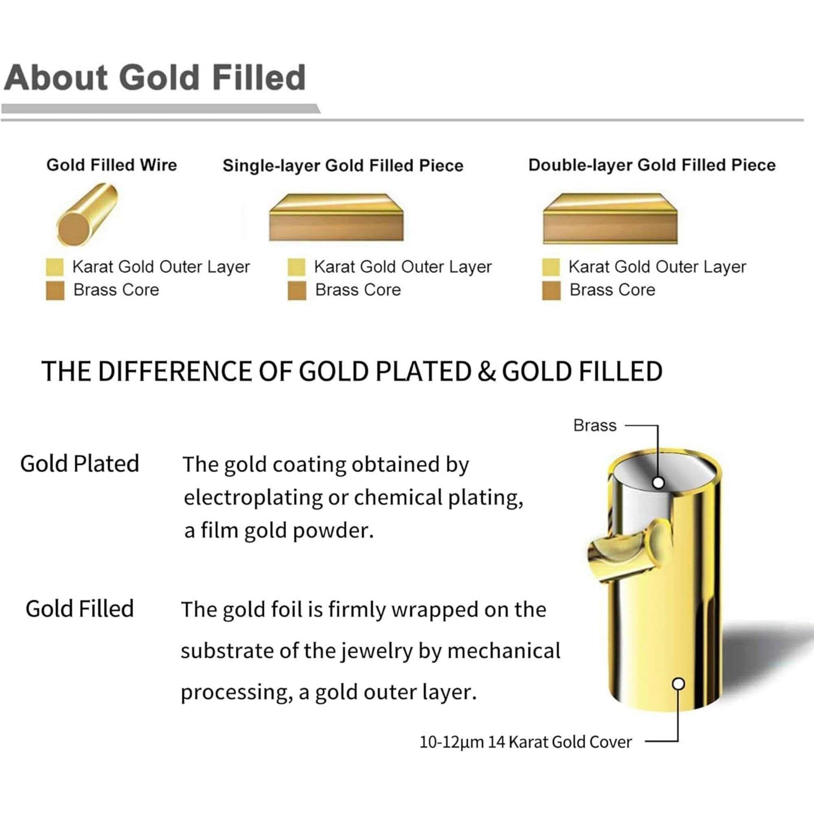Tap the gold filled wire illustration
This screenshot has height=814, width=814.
tap(87, 215)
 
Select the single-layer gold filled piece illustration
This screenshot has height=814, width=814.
tap(336, 217)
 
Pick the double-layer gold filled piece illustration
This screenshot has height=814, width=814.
tap(610, 218)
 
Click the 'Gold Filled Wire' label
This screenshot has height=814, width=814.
tap(112, 165)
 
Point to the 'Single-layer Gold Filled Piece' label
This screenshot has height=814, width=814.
tap(343, 166)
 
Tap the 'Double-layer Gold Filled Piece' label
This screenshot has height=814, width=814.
tap(652, 165)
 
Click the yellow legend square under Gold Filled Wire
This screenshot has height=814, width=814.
tap(55, 267)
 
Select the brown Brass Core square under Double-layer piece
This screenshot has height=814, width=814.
tap(551, 291)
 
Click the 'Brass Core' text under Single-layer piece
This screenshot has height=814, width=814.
tap(358, 290)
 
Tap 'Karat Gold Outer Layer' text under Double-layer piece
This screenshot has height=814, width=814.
tap(657, 267)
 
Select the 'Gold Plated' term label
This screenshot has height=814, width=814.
tap(80, 464)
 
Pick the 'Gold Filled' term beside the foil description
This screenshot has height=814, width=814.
tap(80, 608)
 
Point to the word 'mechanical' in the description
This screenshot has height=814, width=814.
tap(503, 650)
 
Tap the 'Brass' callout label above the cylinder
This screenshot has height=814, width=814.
tap(595, 426)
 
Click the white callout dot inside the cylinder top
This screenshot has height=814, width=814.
tap(658, 483)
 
